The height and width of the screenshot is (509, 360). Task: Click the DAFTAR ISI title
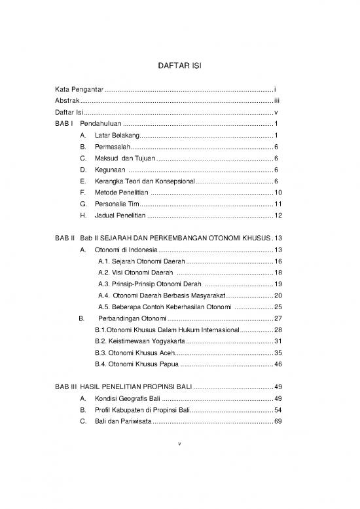pos(180,66)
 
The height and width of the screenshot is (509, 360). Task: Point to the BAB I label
pos(63,124)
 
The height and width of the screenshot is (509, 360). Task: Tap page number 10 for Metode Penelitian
pos(278,193)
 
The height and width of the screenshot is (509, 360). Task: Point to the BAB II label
pos(65,238)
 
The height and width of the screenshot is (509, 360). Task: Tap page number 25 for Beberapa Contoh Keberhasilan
pos(278,307)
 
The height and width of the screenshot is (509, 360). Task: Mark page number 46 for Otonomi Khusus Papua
pos(278,364)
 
